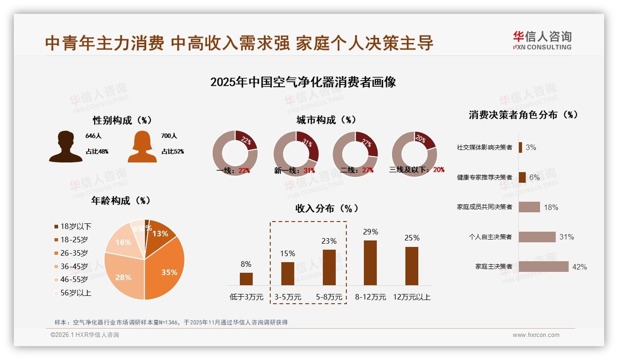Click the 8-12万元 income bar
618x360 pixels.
click(370, 263)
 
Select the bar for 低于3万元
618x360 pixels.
click(246, 279)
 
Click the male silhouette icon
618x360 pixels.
click(65, 146)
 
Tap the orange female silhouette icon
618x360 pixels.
click(142, 146)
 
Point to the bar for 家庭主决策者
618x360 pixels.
click(543, 267)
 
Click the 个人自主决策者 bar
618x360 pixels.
click(537, 237)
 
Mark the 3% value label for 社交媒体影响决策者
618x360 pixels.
click(531, 147)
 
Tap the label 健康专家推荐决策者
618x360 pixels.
click(484, 177)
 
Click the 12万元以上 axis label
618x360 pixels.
click(411, 297)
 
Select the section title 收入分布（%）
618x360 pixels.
click(327, 208)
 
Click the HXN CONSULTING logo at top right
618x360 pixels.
click(542, 40)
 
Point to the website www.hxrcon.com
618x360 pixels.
click(535, 335)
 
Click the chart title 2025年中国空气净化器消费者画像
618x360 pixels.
click(303, 82)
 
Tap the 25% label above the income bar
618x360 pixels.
click(412, 238)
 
